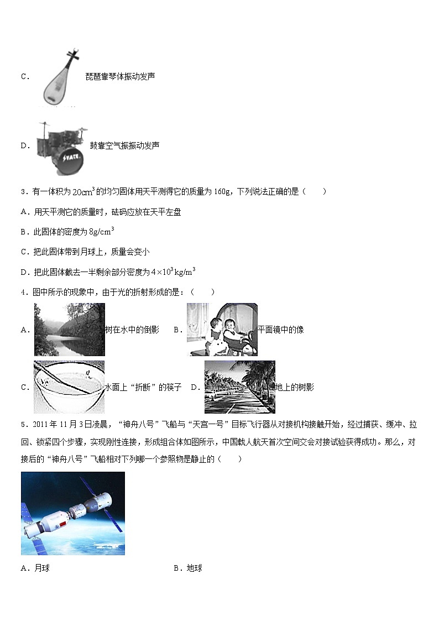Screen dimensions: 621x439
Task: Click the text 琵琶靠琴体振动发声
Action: click(120, 76)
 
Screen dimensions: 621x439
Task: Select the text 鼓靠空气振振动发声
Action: click(124, 146)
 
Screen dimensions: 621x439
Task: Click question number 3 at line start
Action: click(24, 192)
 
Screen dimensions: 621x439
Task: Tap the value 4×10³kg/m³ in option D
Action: click(173, 272)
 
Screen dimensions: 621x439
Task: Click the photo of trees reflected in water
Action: click(69, 330)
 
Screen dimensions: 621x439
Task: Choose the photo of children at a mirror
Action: click(222, 330)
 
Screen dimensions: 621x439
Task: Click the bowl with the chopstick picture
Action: click(69, 387)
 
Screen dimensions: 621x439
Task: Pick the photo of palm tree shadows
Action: click(239, 387)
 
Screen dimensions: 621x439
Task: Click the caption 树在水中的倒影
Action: click(132, 330)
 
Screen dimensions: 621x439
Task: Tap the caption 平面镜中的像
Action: click(281, 330)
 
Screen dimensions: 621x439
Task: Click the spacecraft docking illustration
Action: click(73, 513)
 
